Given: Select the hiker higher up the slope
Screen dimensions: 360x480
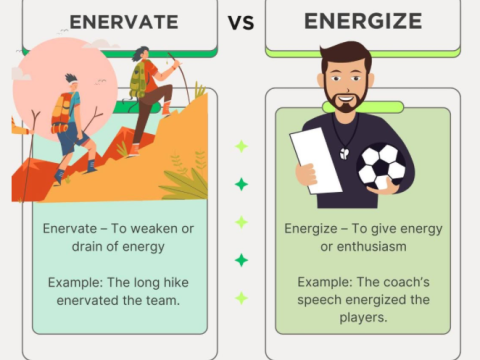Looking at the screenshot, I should (x=150, y=85).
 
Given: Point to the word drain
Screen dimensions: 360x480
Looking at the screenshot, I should (x=62, y=246).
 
